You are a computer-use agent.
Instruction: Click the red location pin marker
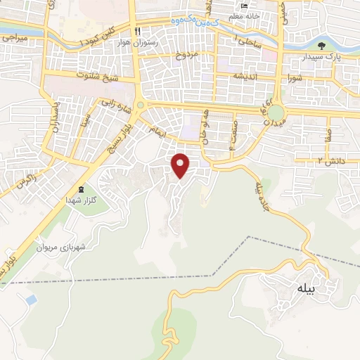(x=181, y=165)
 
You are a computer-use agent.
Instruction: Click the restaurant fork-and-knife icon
(x=137, y=31)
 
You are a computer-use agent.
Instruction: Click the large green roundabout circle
(x=276, y=113)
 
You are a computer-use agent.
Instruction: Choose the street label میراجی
(x=14, y=35)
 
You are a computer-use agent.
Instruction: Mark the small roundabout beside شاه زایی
(x=139, y=106)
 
